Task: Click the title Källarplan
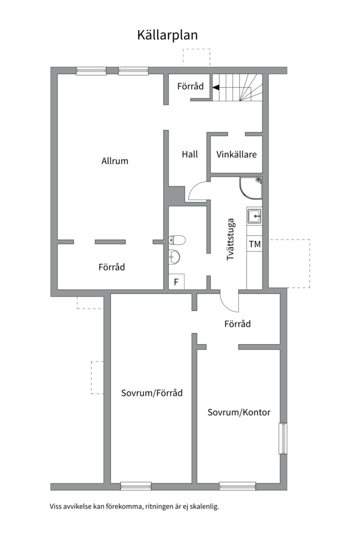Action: pos(167,35)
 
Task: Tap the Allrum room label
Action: pos(114,161)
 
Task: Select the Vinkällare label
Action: pos(236,154)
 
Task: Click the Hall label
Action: pos(189,154)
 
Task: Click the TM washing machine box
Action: pos(254,244)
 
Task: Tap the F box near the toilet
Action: pos(176,282)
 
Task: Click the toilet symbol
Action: pos(177,240)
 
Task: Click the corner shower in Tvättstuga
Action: pos(251,187)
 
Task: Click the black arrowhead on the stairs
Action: pos(215,87)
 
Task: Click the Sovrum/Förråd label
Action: pos(152,393)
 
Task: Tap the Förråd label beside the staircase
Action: pos(190,86)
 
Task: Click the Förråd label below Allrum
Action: pos(111,267)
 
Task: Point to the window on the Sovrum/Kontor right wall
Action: pos(283,438)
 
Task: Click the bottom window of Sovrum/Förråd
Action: pos(135,485)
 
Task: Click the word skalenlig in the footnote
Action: pos(203,506)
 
